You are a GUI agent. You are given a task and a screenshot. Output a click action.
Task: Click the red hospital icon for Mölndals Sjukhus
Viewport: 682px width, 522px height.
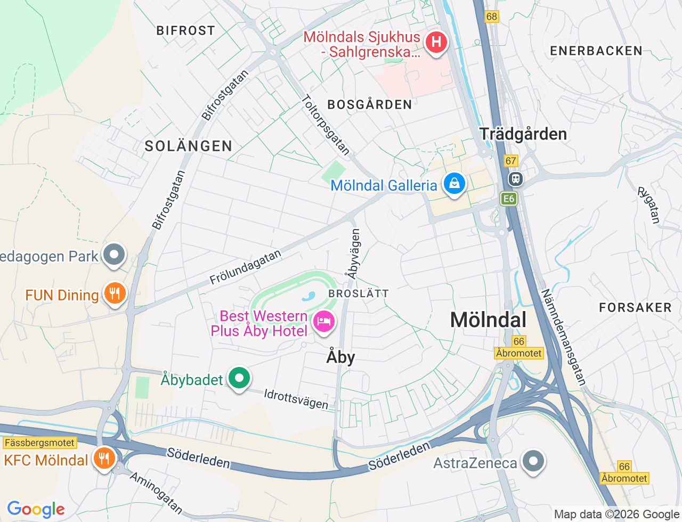[x=436, y=42]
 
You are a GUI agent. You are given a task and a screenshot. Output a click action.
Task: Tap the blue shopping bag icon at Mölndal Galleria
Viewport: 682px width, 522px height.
[x=454, y=184]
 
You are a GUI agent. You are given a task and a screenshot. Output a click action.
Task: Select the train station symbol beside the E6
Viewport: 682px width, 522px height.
[x=515, y=179]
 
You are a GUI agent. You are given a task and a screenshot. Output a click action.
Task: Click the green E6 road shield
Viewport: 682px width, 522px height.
[x=509, y=199]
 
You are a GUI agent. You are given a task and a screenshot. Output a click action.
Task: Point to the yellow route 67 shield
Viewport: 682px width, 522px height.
[x=511, y=160]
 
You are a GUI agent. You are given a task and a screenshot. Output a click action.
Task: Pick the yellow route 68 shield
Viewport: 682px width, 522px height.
[x=491, y=17]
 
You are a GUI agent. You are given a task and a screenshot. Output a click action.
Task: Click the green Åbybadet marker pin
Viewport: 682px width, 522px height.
[x=239, y=378]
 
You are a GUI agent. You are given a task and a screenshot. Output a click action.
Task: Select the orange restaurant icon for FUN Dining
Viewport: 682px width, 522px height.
[x=114, y=293]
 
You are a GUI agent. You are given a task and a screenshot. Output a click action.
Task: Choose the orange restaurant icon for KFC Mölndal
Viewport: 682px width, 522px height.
[x=104, y=458]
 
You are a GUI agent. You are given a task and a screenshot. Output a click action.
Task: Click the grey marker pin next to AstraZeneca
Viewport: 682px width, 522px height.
[x=533, y=462]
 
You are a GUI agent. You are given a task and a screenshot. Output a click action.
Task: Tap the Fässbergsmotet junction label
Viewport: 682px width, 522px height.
[x=40, y=443]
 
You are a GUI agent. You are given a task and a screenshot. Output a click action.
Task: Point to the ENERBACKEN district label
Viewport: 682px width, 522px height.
[x=596, y=51]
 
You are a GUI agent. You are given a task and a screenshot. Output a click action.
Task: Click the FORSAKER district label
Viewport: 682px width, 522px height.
[x=635, y=307]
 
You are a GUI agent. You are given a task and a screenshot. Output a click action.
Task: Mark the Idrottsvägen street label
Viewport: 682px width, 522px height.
[x=296, y=399]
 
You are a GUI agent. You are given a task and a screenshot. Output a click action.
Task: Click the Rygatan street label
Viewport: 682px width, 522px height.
[x=649, y=205]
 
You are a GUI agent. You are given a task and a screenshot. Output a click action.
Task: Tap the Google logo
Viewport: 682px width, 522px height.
[x=36, y=510]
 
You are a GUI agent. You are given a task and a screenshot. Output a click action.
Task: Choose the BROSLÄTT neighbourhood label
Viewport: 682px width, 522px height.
[x=359, y=293]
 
